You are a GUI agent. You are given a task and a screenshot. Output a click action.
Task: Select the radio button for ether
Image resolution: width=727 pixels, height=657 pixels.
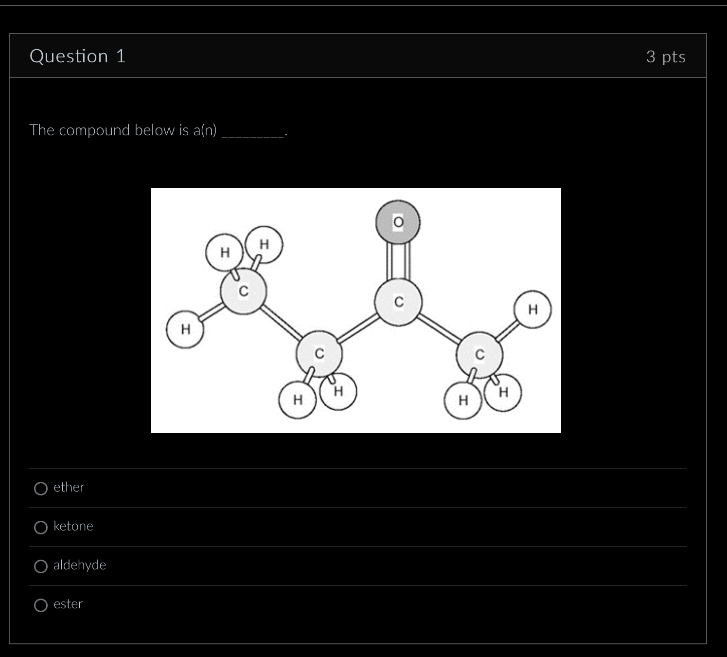coord(41,488)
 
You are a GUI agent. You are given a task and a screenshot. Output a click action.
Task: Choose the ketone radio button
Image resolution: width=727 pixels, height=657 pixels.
coord(41,527)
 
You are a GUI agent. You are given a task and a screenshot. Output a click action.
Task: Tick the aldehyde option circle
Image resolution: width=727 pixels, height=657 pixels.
coord(41,566)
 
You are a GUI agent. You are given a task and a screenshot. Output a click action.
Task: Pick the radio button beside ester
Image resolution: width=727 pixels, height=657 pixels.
coord(41,605)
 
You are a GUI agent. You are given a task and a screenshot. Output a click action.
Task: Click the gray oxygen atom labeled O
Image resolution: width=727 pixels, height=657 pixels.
coord(398,222)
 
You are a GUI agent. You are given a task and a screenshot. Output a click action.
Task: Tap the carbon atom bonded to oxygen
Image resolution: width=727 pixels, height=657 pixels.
coord(398,302)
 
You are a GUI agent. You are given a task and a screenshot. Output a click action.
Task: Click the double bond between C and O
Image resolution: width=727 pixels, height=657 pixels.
coord(398,261)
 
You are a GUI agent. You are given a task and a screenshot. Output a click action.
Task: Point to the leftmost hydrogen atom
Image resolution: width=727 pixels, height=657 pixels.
coord(185,329)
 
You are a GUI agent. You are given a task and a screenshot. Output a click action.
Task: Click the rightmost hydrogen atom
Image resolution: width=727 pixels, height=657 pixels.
coord(533,309)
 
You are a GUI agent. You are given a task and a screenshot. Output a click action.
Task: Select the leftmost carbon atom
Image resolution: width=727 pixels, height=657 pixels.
coord(244,292)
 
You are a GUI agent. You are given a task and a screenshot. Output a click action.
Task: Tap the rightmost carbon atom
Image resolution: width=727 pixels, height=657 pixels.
coord(479,355)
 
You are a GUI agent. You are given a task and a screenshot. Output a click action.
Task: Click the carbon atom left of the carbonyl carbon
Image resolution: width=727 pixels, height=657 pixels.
coord(319,354)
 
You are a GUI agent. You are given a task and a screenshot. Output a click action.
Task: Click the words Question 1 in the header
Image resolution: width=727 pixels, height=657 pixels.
coord(78,56)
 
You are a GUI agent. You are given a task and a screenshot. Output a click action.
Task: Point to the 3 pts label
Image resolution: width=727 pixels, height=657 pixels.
coord(666,56)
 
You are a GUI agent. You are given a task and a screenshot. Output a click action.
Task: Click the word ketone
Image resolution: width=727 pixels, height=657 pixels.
coord(73,526)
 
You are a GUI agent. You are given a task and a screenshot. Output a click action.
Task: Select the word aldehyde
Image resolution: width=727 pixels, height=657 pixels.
coord(79,565)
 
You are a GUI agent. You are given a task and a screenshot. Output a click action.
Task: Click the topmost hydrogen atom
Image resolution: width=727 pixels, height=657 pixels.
coord(264,244)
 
